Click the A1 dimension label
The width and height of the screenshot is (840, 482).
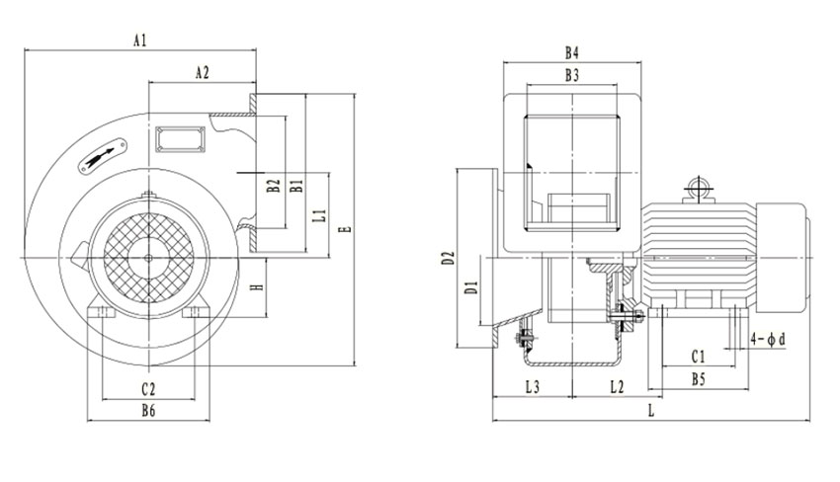coord(140,40)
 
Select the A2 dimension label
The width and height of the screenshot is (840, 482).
coord(202,72)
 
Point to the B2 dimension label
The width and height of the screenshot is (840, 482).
coord(274,185)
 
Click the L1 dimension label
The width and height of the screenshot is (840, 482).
coord(318,214)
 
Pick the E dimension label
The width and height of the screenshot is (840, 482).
coord(344,231)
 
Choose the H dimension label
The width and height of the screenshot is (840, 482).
coord(255,287)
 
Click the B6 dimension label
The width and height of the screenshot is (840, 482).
coord(148,410)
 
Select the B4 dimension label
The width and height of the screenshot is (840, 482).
coord(571,51)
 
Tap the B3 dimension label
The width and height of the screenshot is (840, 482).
coord(571,75)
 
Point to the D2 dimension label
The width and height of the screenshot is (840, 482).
coord(448,259)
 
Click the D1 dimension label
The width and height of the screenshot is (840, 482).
coord(472,288)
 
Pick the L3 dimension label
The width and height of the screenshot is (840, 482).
coord(531,387)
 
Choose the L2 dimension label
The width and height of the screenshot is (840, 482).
coord(615,387)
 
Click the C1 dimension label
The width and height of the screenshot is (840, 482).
coord(698,356)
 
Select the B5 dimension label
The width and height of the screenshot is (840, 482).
coord(698,379)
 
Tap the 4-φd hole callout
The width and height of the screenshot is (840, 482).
coord(768,339)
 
